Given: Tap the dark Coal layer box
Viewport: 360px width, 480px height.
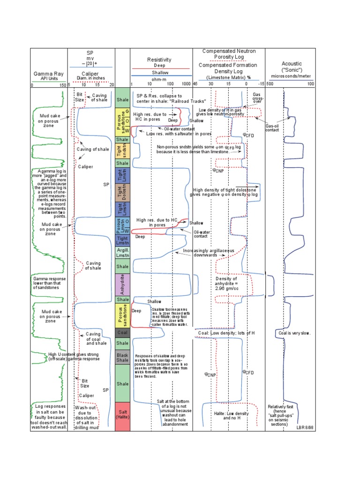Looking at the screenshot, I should [x=122, y=333].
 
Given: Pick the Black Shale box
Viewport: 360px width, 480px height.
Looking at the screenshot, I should [x=122, y=358].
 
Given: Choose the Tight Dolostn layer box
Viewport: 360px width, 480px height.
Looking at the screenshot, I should [x=122, y=193].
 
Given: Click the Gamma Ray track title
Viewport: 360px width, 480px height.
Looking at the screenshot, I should [x=48, y=74].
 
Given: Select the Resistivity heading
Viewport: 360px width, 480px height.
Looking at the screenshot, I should [x=159, y=60].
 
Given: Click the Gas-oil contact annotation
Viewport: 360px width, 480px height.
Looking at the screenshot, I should [x=272, y=128].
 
